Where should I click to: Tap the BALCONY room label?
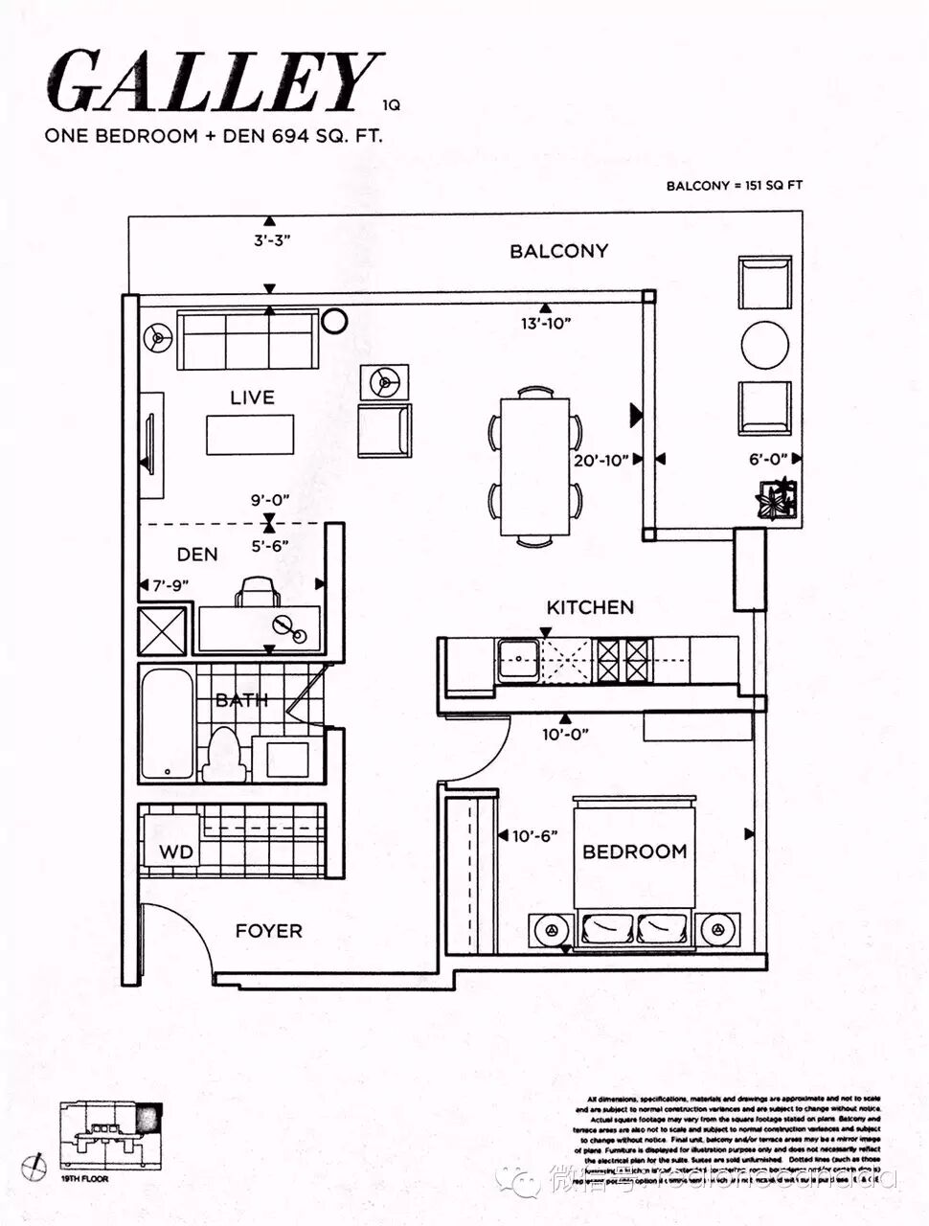[558, 251]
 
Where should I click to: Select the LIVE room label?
[252, 397]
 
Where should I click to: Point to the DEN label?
[197, 555]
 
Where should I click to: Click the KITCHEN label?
[590, 607]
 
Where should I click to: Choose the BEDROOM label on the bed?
[634, 851]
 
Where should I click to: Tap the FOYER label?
[269, 930]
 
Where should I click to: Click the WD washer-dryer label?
[175, 851]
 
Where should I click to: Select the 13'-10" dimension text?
[546, 324]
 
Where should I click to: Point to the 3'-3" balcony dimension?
[272, 241]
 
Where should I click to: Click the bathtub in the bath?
[168, 724]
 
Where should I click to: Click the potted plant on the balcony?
[776, 497]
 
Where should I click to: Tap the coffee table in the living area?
[251, 435]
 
